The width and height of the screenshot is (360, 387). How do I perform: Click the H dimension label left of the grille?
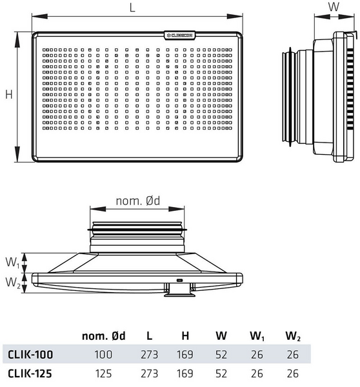(9, 95)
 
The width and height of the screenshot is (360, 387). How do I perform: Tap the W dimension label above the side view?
(333, 7)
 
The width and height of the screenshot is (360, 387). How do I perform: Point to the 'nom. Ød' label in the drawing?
(137, 201)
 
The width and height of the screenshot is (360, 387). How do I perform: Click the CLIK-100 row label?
(30, 354)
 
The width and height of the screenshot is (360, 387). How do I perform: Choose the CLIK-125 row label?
(30, 372)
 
